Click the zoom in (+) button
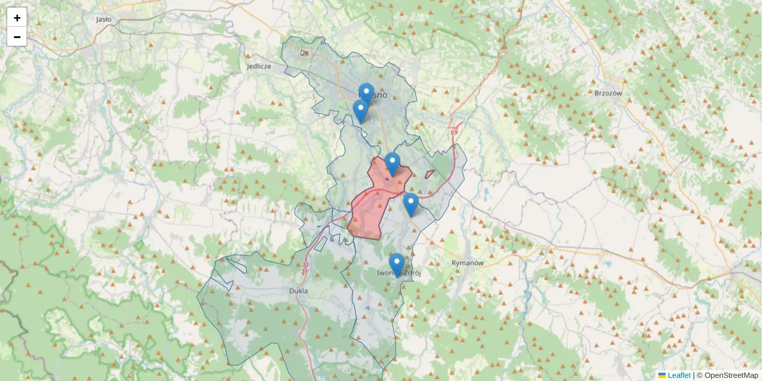(x=17, y=18)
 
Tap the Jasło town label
(x=104, y=19)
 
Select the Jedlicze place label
(x=259, y=66)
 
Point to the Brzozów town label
(x=608, y=93)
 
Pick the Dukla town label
(x=298, y=291)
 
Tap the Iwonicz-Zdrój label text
(x=399, y=274)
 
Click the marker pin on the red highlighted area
(x=392, y=163)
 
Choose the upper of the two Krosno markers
(x=366, y=94)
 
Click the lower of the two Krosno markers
(x=361, y=110)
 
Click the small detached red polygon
(x=430, y=174)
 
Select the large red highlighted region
(x=368, y=213)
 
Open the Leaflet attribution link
(x=679, y=375)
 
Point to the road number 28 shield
(x=305, y=53)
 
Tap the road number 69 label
(x=454, y=132)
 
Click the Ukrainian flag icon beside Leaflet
(x=662, y=375)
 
